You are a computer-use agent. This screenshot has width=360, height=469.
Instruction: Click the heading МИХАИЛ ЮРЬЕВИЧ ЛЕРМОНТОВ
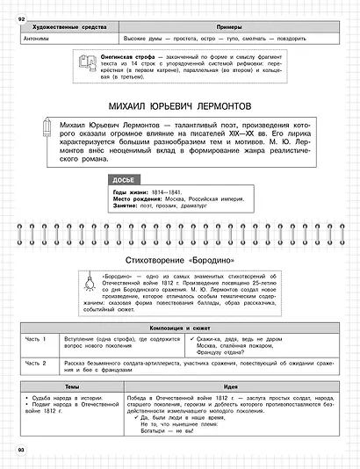(179, 105)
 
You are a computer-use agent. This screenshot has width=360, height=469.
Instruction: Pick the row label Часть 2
(34, 363)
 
